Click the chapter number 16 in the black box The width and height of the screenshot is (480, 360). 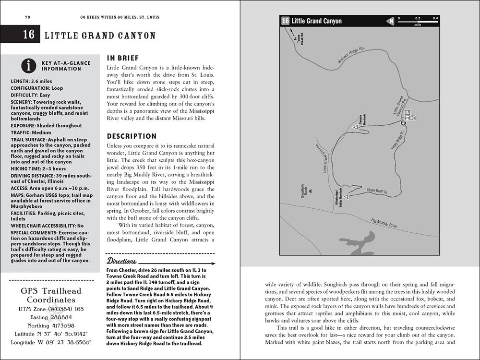pyautogui.click(x=29, y=35)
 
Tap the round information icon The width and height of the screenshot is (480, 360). pyautogui.click(x=29, y=65)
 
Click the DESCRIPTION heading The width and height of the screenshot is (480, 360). pyautogui.click(x=132, y=136)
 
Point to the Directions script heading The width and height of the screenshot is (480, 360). pyautogui.click(x=122, y=262)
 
